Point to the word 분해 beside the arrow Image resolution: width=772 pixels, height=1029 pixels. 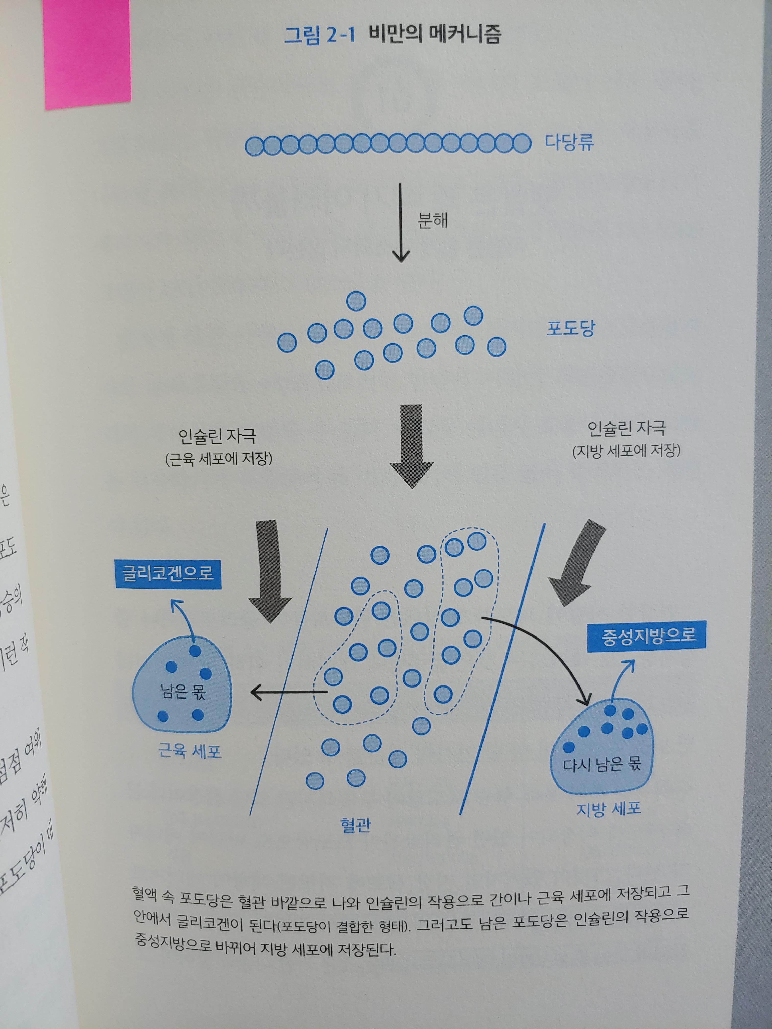(x=433, y=220)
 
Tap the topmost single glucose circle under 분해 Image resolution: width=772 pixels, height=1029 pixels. (x=356, y=301)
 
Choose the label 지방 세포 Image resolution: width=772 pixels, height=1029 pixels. (x=608, y=809)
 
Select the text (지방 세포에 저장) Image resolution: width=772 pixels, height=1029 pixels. (x=626, y=451)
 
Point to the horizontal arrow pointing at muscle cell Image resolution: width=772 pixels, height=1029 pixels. (x=288, y=693)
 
